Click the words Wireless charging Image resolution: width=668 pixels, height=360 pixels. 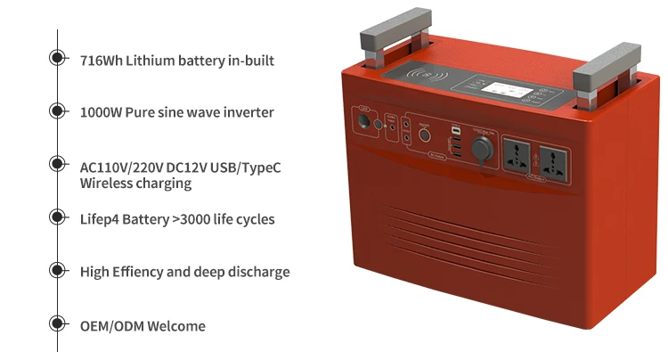click(x=135, y=184)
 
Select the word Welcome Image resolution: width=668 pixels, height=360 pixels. click(x=175, y=326)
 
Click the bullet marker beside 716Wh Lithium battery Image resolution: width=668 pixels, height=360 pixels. click(x=58, y=59)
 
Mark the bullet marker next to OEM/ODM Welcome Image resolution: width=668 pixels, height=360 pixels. click(x=58, y=324)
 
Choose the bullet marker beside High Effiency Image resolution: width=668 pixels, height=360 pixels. click(x=58, y=270)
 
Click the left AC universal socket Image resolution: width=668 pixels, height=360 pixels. click(x=517, y=154)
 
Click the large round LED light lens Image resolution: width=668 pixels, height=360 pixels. click(x=423, y=139)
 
